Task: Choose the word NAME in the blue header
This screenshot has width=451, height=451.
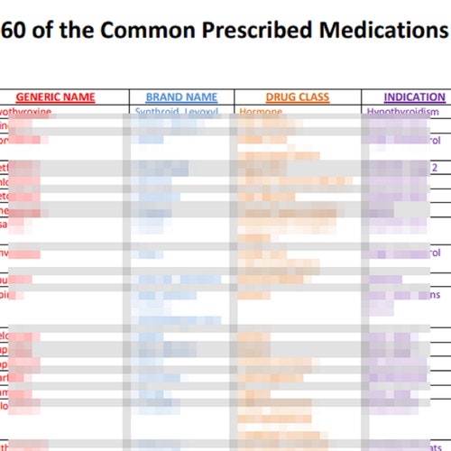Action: point(202,97)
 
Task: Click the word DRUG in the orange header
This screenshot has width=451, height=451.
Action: point(281,97)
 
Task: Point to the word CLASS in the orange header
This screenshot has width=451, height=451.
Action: point(314,97)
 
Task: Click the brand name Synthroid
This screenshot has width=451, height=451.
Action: point(158,112)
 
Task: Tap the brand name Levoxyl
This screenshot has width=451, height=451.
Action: point(207,112)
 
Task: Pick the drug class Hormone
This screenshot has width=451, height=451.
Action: point(261,112)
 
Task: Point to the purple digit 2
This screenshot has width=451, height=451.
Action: point(434,167)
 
